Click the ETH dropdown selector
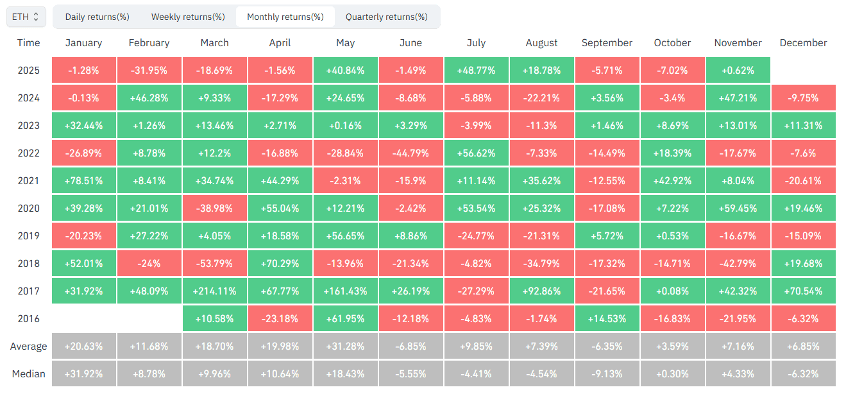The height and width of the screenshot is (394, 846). pos(26,17)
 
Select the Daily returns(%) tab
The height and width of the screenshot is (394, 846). pos(97,17)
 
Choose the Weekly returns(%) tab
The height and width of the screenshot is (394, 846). pos(188,17)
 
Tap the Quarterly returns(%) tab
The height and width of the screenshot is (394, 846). pos(386,17)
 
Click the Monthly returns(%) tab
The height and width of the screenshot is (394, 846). pos(285,17)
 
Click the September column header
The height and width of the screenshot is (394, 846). pos(607,43)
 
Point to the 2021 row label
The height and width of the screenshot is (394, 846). pos(28,180)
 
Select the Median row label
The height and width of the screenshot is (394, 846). pos(28,373)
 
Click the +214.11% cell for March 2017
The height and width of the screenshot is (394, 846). pos(215,291)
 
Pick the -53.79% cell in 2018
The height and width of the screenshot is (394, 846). pos(215,263)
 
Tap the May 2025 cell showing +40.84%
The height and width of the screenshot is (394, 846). pos(346,70)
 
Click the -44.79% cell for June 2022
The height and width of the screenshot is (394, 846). pos(411,153)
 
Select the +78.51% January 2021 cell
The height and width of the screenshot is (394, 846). pos(84,180)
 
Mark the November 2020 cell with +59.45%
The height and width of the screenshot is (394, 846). pos(738,208)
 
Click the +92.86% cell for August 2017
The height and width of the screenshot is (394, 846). pos(542,291)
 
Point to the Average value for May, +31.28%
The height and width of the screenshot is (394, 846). pos(346,346)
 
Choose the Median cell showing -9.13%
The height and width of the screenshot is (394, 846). pos(607,373)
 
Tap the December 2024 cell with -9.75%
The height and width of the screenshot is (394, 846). pos(804,98)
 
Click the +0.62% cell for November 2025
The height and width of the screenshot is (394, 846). pos(738,70)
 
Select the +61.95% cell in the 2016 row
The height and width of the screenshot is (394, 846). pos(346,318)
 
